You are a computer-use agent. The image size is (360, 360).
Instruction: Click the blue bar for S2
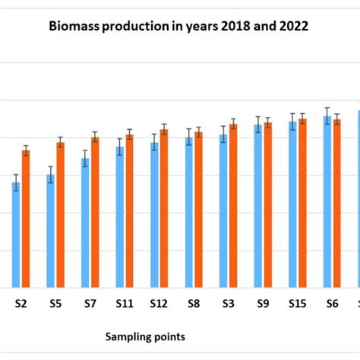coord(16,235)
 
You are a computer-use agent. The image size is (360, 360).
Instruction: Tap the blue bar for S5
coord(50,231)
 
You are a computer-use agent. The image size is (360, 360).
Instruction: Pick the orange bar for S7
coord(95,212)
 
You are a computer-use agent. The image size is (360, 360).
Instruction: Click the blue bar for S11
coord(119,217)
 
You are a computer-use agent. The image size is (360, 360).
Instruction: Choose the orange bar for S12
coord(164,208)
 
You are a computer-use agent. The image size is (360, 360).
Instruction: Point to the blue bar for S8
coord(189,212)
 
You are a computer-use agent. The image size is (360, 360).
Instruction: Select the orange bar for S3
coord(233,206)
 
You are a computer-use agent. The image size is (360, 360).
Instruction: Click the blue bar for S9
coord(258,206)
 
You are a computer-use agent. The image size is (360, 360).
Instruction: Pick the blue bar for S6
coord(327,202)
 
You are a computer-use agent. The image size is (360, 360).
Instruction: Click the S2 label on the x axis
coord(22,303)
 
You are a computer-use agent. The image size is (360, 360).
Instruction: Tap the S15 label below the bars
coord(297,303)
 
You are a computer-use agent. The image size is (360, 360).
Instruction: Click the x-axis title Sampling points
coord(145,336)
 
